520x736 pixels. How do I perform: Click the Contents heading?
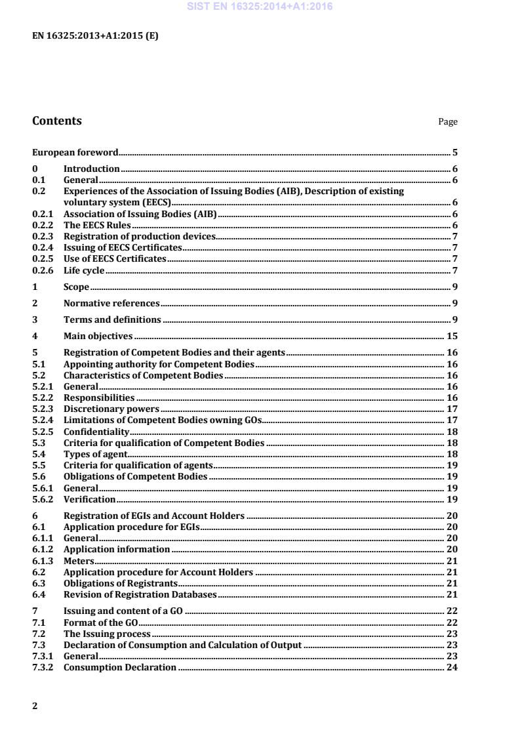[57, 121]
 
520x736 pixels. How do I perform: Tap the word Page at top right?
[448, 122]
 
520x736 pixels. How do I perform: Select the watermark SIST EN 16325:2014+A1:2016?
[260, 7]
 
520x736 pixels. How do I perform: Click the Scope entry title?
[76, 287]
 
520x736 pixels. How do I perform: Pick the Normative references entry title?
[111, 304]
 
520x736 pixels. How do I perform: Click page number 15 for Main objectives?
[452, 337]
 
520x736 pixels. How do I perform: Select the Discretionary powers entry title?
[111, 409]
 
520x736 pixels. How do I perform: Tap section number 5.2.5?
[43, 432]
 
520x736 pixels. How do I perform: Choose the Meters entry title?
[79, 561]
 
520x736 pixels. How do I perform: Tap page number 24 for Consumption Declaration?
[452, 668]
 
